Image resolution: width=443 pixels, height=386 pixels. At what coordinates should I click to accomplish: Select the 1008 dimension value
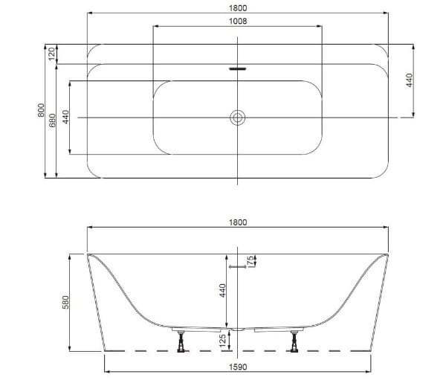tap(237, 21)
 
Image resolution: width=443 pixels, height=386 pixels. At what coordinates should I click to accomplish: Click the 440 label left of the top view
tap(65, 117)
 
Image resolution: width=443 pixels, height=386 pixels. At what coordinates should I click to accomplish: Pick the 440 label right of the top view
tap(408, 80)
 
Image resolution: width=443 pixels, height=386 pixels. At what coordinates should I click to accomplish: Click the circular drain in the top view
tap(238, 117)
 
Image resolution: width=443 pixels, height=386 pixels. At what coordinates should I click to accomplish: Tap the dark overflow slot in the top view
tap(238, 69)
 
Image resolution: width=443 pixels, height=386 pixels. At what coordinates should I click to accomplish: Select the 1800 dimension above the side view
tap(237, 222)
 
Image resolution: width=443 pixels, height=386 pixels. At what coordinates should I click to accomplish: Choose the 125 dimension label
tap(222, 341)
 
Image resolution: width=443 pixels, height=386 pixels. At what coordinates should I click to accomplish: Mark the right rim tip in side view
tap(387, 255)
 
